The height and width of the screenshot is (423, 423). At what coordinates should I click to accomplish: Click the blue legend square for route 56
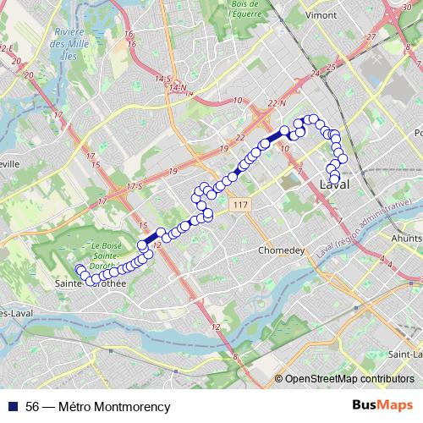[14, 407]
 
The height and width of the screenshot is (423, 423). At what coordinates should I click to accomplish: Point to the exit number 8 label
[236, 358]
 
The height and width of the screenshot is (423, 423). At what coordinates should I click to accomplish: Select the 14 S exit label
[162, 79]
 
